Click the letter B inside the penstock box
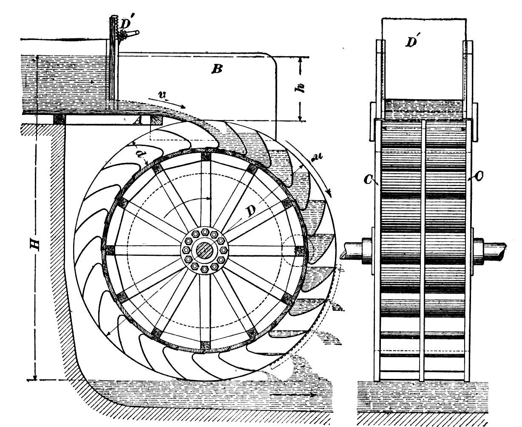click(x=217, y=69)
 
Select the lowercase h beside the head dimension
click(x=300, y=88)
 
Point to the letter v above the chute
click(x=162, y=95)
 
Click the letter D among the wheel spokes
click(x=251, y=210)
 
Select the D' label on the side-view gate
click(x=412, y=41)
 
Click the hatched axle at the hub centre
click(x=204, y=251)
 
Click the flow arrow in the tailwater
click(x=294, y=395)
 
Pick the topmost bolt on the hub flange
click(x=205, y=232)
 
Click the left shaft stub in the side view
click(x=352, y=251)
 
